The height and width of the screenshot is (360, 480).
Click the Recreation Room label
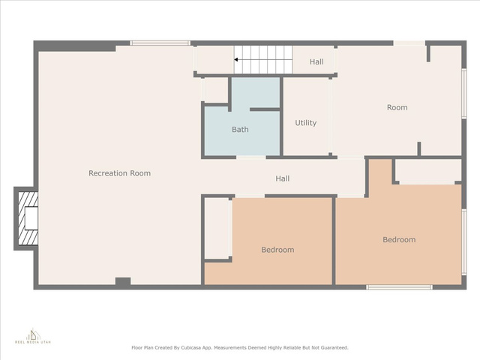120,173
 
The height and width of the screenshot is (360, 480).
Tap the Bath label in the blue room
240,130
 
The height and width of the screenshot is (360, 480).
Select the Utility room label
305,123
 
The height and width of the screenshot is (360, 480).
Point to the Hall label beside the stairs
316,61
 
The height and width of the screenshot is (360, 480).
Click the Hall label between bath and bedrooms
282,178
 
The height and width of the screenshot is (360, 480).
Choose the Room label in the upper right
397,107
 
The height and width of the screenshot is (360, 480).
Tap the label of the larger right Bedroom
399,240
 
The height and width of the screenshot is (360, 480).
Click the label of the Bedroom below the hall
277,250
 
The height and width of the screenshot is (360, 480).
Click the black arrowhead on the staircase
236,60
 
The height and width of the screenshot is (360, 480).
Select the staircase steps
263,60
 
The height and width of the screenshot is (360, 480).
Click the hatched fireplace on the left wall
28,218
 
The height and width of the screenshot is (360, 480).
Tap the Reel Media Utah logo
33,336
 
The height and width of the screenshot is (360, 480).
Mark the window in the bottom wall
399,287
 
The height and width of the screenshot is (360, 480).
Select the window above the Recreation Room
160,43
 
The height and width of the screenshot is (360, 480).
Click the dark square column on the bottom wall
123,282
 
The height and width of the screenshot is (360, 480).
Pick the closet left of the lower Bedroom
217,228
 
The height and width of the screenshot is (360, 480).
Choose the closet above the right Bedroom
428,170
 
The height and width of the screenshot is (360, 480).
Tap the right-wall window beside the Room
463,94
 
